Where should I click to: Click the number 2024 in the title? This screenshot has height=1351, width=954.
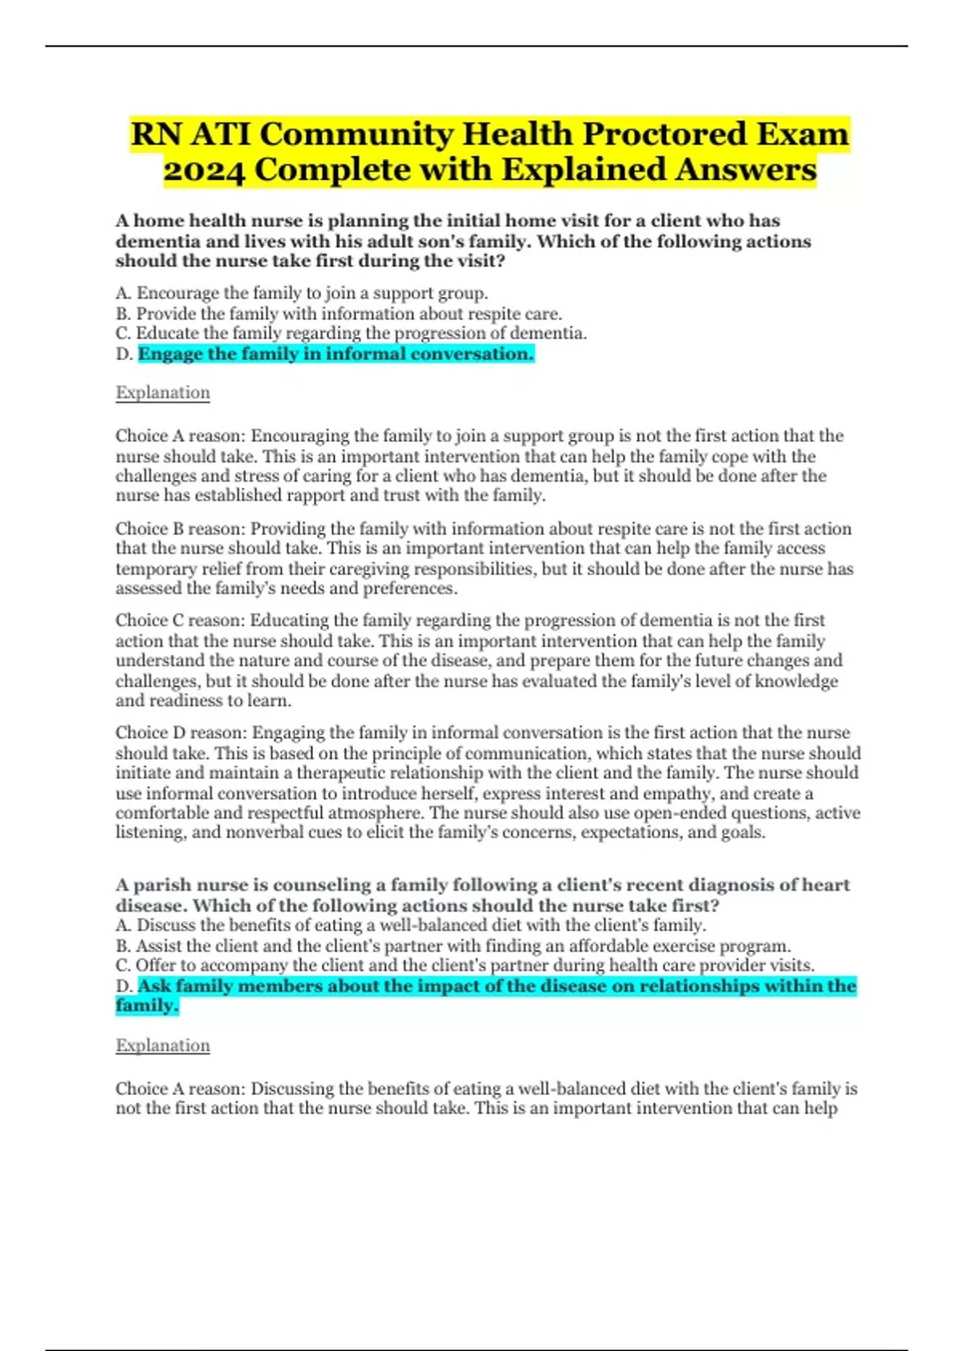[x=204, y=170]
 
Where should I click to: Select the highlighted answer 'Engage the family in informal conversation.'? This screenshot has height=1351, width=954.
[x=335, y=354]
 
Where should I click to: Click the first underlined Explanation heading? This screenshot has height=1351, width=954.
[x=163, y=393]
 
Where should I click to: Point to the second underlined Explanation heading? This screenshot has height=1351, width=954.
[x=163, y=1045]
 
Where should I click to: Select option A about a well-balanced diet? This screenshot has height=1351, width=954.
[x=411, y=925]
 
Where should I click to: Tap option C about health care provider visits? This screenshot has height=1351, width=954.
[x=465, y=966]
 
